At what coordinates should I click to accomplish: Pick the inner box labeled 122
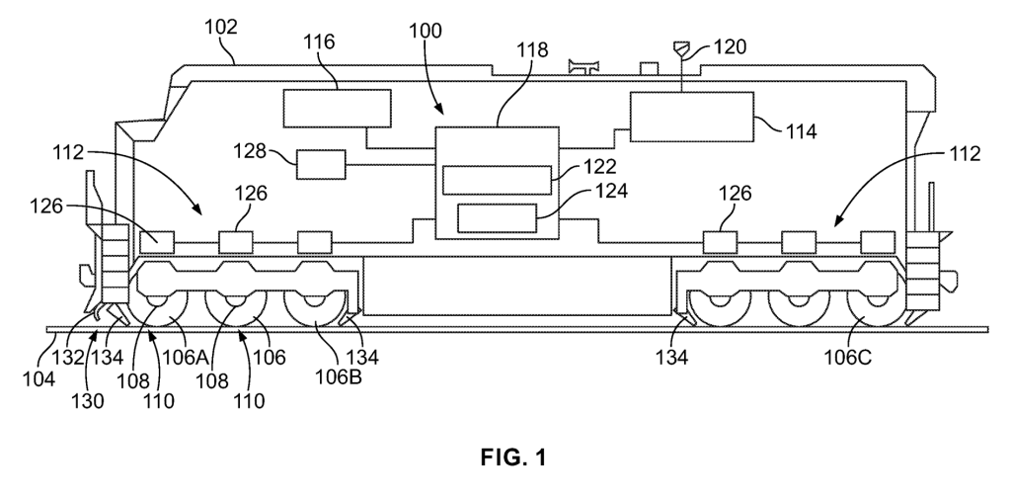click(498, 180)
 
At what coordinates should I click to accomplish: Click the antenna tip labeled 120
click(681, 48)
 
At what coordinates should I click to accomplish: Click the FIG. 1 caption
click(513, 457)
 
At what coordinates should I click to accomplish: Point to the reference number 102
click(221, 27)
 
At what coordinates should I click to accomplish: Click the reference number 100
click(425, 31)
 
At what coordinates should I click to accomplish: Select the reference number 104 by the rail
click(39, 378)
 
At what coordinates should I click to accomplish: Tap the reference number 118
click(531, 49)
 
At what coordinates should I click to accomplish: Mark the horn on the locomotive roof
click(583, 66)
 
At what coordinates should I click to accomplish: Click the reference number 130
click(87, 400)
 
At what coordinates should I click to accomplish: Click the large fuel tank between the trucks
click(517, 286)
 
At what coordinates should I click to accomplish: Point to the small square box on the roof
click(649, 68)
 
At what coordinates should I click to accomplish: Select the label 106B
click(339, 377)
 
